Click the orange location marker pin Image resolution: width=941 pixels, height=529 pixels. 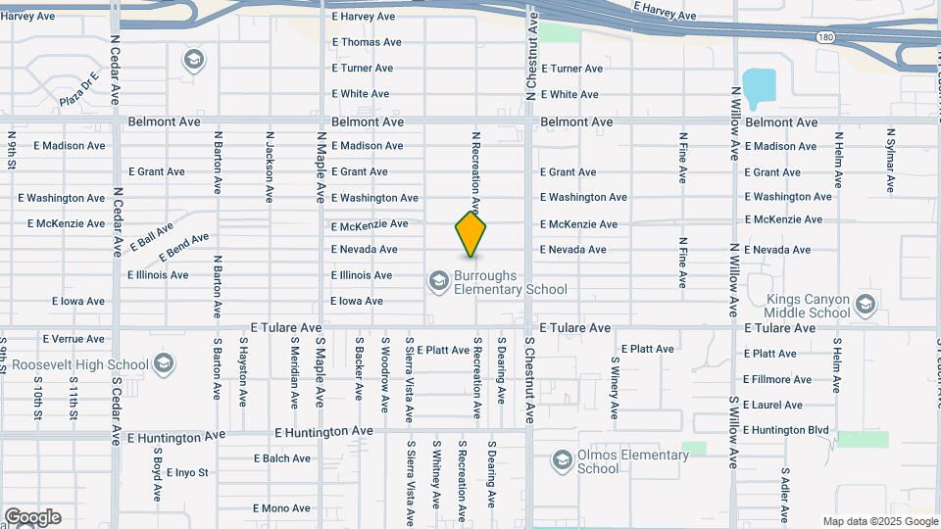pyautogui.click(x=470, y=234)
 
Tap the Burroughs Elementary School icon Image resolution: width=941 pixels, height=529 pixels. pyautogui.click(x=437, y=282)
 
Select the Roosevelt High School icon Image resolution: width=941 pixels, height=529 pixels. pyautogui.click(x=162, y=365)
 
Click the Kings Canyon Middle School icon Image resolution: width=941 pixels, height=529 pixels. pyautogui.click(x=865, y=305)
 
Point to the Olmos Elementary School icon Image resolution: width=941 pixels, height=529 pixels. pyautogui.click(x=562, y=460)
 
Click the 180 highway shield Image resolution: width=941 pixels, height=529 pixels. pyautogui.click(x=825, y=36)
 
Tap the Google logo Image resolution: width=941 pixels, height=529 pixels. pyautogui.click(x=32, y=517)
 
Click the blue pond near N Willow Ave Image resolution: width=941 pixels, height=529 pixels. pyautogui.click(x=758, y=88)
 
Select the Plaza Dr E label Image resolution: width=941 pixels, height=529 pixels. pyautogui.click(x=80, y=89)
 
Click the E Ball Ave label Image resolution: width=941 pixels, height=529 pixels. pyautogui.click(x=154, y=236)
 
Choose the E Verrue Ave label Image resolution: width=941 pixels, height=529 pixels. pyautogui.click(x=74, y=339)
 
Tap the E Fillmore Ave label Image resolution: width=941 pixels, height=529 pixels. pyautogui.click(x=777, y=379)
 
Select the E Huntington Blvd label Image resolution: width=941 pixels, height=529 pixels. pyautogui.click(x=785, y=430)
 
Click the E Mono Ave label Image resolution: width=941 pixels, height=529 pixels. pyautogui.click(x=281, y=508)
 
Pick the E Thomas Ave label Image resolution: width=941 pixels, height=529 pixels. pyautogui.click(x=367, y=42)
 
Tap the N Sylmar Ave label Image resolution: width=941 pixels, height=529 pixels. pyautogui.click(x=890, y=159)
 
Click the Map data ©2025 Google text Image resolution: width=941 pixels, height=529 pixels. pyautogui.click(x=880, y=521)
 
